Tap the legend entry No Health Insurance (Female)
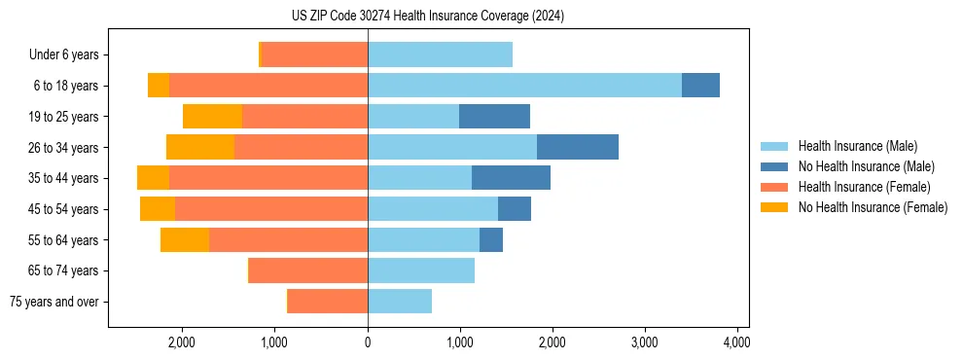pos(873,207)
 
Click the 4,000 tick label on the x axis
pos(736,342)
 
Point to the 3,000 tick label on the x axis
pos(644,342)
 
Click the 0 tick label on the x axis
pos(368,342)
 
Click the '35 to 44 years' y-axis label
pos(64,178)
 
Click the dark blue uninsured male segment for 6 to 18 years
pos(700,86)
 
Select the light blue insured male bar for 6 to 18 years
pos(524,86)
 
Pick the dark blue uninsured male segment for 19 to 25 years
pos(494,117)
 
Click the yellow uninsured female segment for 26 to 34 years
pos(200,148)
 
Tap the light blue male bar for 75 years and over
pos(400,302)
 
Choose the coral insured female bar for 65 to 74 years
pos(308,270)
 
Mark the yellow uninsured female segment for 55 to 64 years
pos(185,240)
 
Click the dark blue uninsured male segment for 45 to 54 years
pos(515,209)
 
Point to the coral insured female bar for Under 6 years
pos(314,55)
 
